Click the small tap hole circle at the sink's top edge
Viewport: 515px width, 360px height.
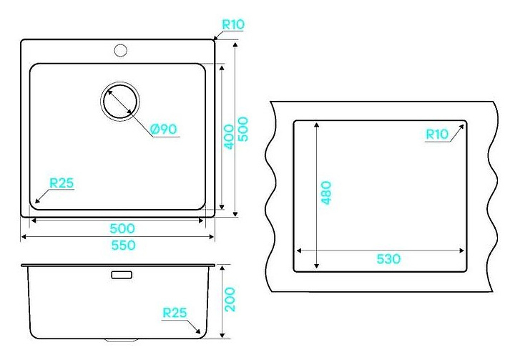coord(119,50)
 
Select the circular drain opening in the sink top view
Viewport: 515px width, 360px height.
coord(119,101)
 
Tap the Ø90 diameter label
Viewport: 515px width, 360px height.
coord(164,129)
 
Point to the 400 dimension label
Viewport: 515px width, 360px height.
coord(229,136)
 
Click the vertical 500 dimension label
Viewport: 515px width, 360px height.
coord(243,129)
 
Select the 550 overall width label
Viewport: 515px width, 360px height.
coord(122,245)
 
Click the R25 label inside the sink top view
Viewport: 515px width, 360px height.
coord(62,183)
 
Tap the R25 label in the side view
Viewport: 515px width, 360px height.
coord(175,313)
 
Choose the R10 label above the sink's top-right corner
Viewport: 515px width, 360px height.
coord(233,24)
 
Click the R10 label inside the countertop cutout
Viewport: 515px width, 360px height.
coord(436,134)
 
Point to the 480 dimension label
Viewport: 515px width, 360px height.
coord(325,192)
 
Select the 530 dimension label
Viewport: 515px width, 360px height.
coord(388,258)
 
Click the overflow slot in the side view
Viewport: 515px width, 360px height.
coord(120,274)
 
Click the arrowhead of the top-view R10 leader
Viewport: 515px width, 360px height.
coord(215,39)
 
